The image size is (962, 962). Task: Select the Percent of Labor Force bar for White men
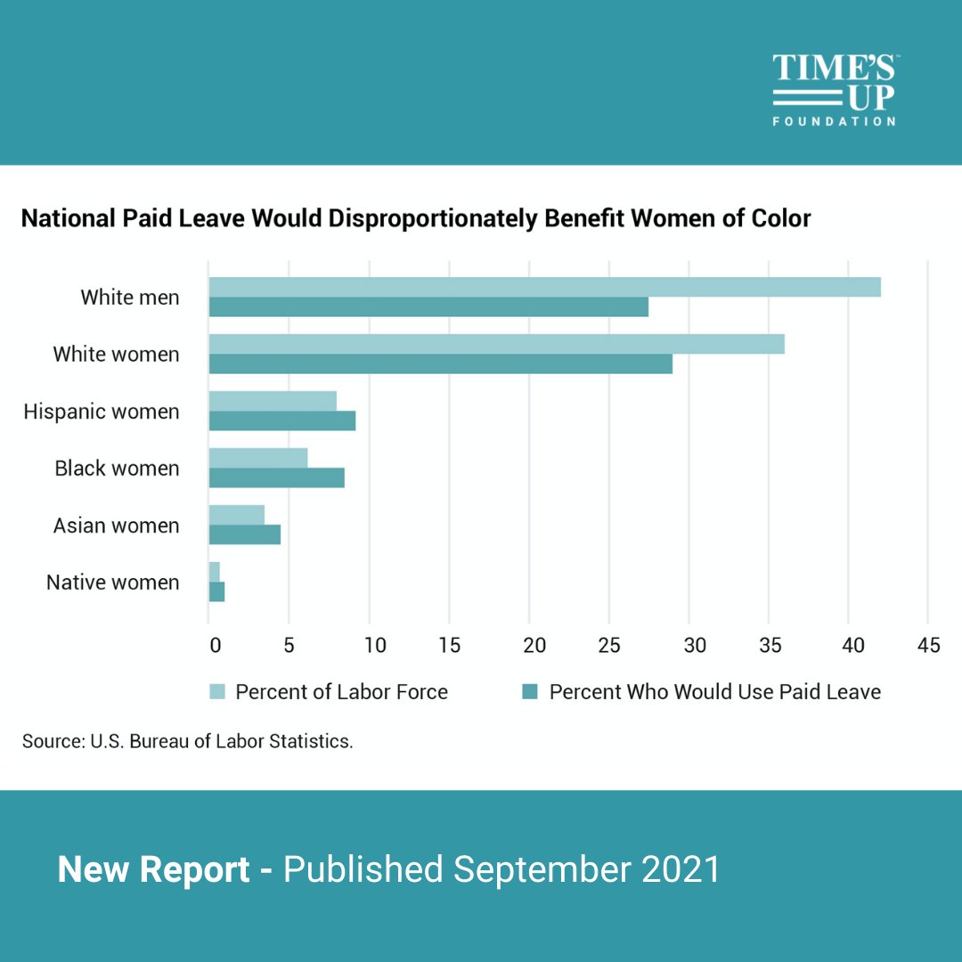click(x=544, y=287)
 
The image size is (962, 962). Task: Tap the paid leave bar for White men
click(x=428, y=306)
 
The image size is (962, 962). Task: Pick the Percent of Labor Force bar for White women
click(x=496, y=344)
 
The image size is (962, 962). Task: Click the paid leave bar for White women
click(x=440, y=363)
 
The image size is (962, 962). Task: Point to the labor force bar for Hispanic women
click(x=273, y=401)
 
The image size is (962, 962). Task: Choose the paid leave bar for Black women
click(x=276, y=477)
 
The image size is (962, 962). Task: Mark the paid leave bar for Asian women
click(x=244, y=534)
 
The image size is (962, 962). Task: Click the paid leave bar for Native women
click(x=216, y=591)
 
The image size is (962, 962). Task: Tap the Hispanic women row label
click(x=102, y=412)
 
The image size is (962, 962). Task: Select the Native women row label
click(x=113, y=583)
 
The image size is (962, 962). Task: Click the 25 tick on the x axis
click(x=609, y=645)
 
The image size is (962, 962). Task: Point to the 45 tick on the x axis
click(x=928, y=645)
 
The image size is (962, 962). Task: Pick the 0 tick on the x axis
click(x=214, y=645)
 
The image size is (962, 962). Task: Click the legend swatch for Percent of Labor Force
click(x=217, y=692)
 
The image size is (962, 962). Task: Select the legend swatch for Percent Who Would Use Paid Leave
click(x=531, y=692)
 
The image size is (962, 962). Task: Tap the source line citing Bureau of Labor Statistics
click(x=188, y=741)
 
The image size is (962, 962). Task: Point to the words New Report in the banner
click(x=153, y=869)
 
